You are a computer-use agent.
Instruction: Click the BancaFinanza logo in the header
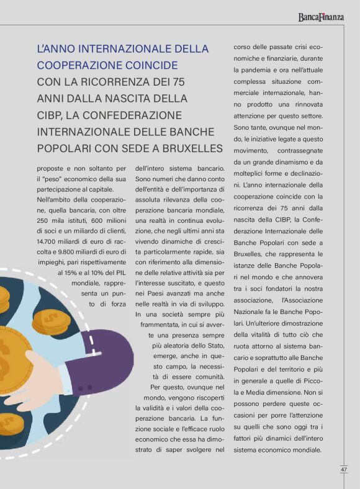(x=320, y=17)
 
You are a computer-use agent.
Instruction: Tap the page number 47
(x=343, y=469)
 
